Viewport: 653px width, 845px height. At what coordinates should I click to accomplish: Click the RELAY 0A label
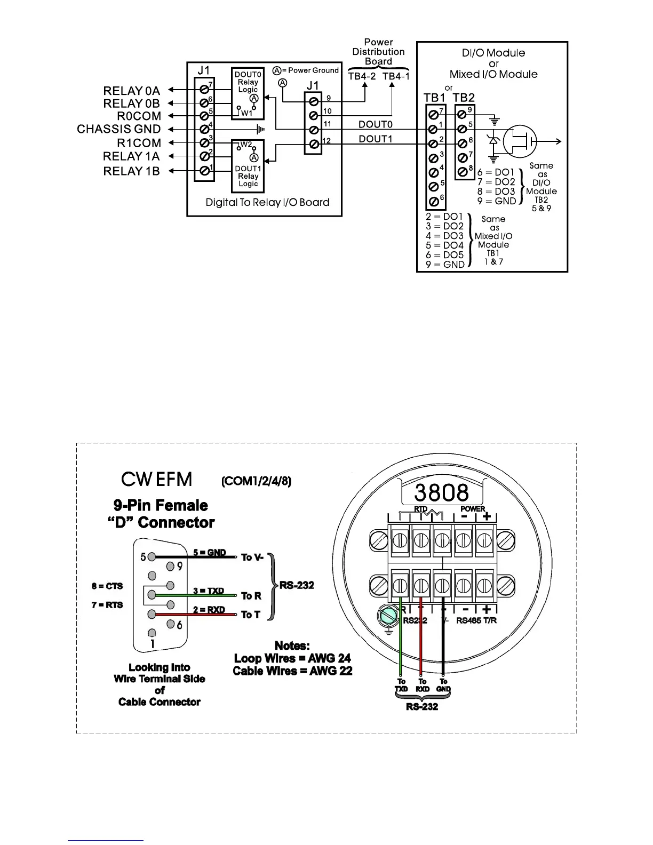pyautogui.click(x=131, y=91)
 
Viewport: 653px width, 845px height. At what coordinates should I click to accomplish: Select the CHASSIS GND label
pyautogui.click(x=118, y=129)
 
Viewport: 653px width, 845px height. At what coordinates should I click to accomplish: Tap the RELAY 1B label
pyautogui.click(x=131, y=171)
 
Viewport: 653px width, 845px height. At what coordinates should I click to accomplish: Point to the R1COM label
pyautogui.click(x=139, y=143)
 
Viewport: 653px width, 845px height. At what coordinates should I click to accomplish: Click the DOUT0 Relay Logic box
pyautogui.click(x=248, y=93)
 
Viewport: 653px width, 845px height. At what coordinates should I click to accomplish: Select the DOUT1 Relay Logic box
pyautogui.click(x=248, y=166)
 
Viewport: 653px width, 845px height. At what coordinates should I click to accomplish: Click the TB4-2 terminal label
pyautogui.click(x=362, y=76)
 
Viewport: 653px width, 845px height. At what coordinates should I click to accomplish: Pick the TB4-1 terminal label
pyautogui.click(x=396, y=76)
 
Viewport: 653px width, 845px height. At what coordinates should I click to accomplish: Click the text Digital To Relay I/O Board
pyautogui.click(x=267, y=203)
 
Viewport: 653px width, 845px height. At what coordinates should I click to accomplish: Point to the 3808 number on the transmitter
pyautogui.click(x=441, y=492)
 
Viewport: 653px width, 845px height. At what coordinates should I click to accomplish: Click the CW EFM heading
pyautogui.click(x=156, y=479)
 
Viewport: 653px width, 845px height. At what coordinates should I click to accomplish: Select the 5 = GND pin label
pyautogui.click(x=209, y=553)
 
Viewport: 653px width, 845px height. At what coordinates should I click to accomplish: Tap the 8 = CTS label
pyautogui.click(x=107, y=586)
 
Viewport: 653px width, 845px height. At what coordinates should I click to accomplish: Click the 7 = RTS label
pyautogui.click(x=107, y=605)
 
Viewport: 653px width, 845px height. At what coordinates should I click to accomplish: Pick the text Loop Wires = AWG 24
pyautogui.click(x=292, y=658)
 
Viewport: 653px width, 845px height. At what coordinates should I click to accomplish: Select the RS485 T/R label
pyautogui.click(x=476, y=620)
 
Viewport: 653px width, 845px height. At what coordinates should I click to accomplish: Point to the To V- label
pyautogui.click(x=252, y=557)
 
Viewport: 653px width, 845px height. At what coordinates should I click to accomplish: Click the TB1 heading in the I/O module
pyautogui.click(x=434, y=98)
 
